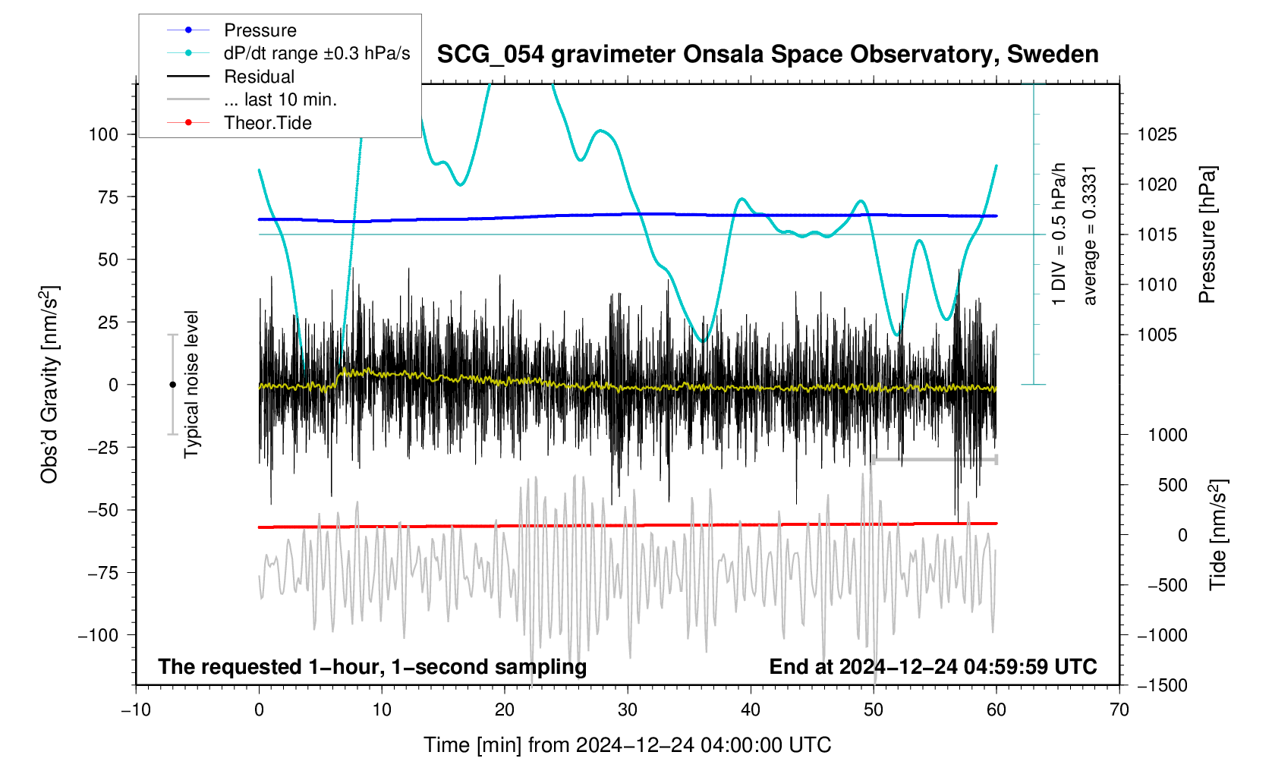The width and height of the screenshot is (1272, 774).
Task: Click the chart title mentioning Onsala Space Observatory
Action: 767,55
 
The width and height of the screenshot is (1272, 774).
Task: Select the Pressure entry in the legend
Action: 260,30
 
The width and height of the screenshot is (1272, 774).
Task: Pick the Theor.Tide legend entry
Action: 267,123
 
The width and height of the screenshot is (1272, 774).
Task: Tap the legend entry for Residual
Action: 259,77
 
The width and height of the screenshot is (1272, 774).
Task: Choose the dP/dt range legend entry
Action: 316,53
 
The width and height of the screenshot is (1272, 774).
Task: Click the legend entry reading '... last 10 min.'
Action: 280,99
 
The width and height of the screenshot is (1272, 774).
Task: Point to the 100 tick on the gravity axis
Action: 103,134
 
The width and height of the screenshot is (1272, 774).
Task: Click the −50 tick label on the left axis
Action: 98,510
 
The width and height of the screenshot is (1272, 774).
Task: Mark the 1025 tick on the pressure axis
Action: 1157,134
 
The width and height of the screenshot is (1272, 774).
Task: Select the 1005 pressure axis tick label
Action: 1157,335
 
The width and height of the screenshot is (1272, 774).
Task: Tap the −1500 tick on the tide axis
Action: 1162,685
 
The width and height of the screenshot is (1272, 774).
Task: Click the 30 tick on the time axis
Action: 628,709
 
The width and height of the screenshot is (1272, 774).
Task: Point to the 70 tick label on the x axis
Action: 1119,709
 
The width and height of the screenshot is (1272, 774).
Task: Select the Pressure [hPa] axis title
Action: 1207,234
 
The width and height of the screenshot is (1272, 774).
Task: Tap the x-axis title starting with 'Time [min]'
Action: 627,745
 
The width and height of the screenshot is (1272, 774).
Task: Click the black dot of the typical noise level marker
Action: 172,385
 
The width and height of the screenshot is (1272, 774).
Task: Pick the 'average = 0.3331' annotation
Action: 1090,235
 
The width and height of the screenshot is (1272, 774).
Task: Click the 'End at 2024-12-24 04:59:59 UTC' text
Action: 933,667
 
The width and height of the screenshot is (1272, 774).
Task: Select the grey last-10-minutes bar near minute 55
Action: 935,460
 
